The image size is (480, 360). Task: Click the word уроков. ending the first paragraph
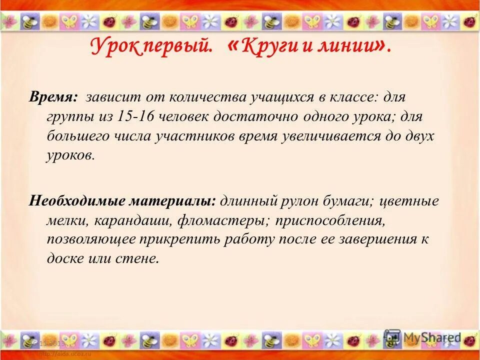click(x=70, y=155)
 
